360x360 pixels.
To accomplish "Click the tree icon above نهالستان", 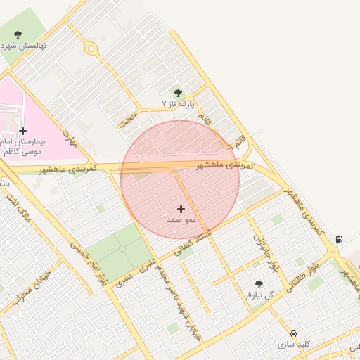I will point(18,34).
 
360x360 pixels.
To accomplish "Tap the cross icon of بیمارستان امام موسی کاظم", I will point(23,131).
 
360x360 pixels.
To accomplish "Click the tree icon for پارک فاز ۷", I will point(177,92).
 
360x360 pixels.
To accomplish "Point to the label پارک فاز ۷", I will point(176,104).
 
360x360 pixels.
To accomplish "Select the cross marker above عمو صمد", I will point(181,209).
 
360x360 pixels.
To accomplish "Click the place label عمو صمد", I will point(181,220).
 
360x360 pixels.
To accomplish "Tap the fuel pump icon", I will point(340,239).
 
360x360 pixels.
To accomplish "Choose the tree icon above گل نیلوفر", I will point(259,284).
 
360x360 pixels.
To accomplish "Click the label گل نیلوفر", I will point(257,295).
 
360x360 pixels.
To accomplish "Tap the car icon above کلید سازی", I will point(293,333).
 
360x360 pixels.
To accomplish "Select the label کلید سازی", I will point(293,345).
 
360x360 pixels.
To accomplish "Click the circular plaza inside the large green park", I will point(122,248).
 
